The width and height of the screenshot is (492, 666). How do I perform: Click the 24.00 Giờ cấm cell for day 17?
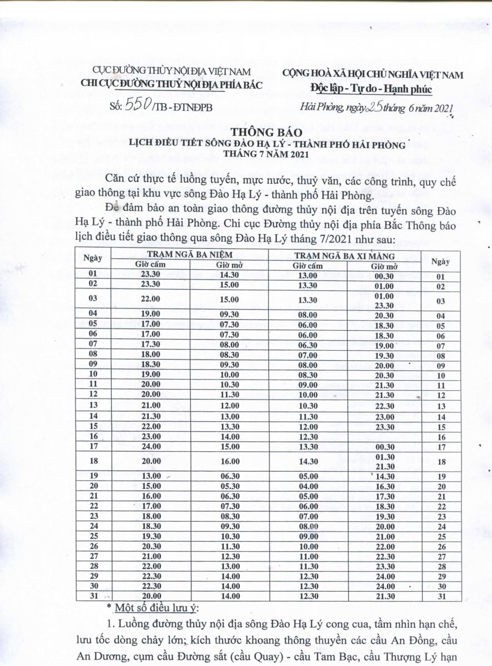tap(150, 446)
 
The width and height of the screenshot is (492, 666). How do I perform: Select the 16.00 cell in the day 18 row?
tap(228, 461)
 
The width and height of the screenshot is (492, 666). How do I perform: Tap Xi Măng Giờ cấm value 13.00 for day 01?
tap(307, 275)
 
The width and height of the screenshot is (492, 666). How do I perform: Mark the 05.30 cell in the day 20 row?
tap(228, 486)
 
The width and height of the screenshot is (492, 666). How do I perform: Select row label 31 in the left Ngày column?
tap(93, 596)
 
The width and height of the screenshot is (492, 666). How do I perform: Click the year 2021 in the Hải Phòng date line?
tap(442, 109)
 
